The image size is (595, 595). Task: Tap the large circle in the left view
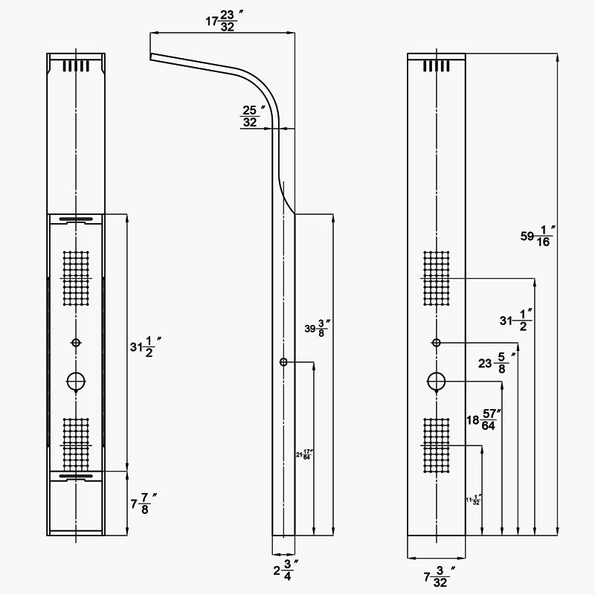click(76, 382)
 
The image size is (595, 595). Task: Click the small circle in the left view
click(75, 342)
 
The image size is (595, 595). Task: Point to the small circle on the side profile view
click(283, 362)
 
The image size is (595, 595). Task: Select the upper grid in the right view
click(437, 277)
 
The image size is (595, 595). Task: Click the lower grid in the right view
click(437, 445)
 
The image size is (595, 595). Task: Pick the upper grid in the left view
click(76, 277)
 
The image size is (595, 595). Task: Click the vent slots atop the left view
click(76, 65)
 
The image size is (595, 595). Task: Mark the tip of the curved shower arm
click(151, 57)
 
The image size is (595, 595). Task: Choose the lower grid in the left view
click(76, 444)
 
